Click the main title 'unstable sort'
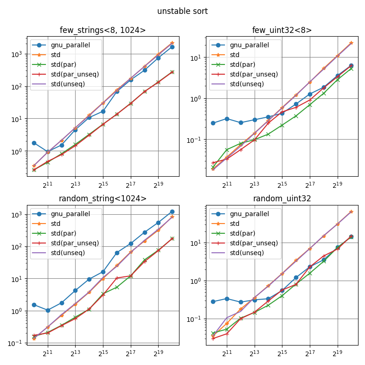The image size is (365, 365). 182,11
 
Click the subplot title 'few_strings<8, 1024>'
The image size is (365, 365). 102,31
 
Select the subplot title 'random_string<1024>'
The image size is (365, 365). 102,199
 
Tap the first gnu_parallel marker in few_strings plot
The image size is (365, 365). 34,143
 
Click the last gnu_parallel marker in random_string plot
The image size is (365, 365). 172,211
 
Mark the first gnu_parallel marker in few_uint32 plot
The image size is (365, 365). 213,123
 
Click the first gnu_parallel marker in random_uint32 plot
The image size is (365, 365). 213,301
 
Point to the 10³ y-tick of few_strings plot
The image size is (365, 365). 18,54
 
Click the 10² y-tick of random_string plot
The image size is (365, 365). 18,247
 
